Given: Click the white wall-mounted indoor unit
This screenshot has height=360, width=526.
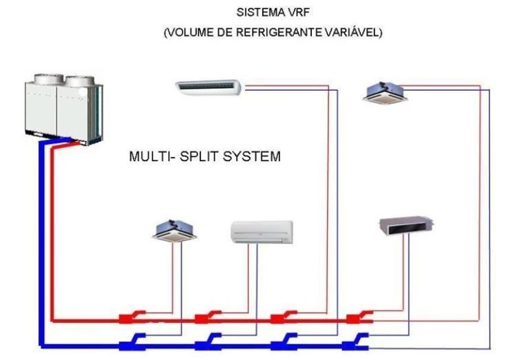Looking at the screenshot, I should [261, 232].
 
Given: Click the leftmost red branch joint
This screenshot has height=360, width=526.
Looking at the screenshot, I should [129, 319].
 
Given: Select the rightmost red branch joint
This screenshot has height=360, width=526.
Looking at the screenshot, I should [359, 318].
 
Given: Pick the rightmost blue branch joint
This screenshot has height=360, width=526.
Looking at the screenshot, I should [359, 339].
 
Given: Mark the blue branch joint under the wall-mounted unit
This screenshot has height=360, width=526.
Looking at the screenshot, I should [207, 340].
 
